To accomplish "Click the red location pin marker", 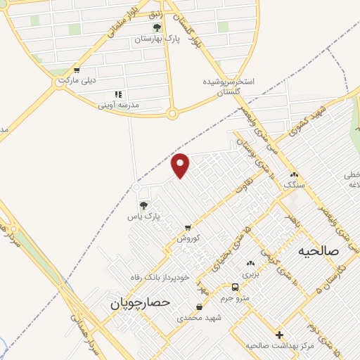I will [181, 165].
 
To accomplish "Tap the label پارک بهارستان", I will [157, 40].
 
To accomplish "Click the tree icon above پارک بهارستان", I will [157, 28].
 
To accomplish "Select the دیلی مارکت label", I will [76, 81].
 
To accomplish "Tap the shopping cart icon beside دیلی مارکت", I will [76, 70].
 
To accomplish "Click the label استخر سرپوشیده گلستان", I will [229, 87].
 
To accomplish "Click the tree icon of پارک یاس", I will [143, 205].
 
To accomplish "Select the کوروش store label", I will [188, 238].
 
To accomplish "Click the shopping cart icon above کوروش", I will [187, 228].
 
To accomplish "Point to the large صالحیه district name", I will [318, 251].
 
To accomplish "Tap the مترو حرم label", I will [236, 298].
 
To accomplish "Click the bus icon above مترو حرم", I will [236, 287].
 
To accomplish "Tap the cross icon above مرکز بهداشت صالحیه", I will [280, 335].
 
